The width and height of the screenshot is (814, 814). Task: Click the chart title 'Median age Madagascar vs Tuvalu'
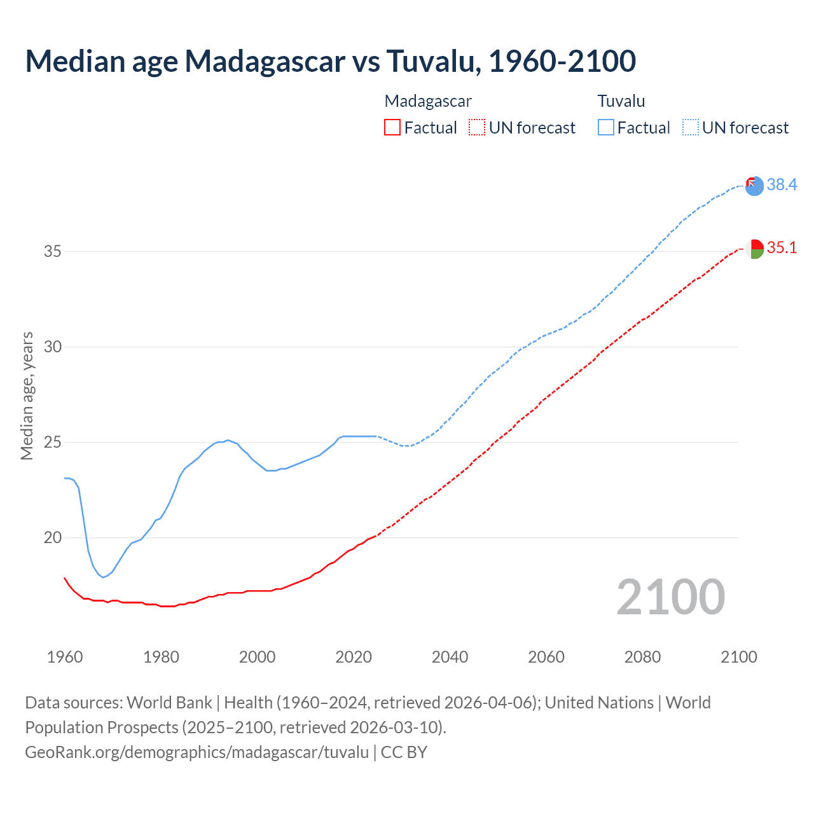click(x=330, y=61)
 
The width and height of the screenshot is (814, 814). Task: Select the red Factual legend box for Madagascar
click(x=392, y=127)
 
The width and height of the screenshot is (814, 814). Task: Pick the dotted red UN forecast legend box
click(x=477, y=127)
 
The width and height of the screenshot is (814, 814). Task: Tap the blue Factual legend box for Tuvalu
click(x=606, y=127)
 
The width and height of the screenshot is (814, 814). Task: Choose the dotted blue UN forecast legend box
click(x=691, y=127)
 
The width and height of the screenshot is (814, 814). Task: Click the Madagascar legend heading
click(x=428, y=101)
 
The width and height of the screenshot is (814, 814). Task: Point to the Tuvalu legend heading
click(x=621, y=101)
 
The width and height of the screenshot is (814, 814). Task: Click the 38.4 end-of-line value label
click(x=782, y=184)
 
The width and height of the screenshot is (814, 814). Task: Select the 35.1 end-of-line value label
click(x=782, y=247)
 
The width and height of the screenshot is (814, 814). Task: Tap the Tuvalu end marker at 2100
click(x=754, y=186)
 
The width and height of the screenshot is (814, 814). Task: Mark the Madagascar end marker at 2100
click(x=754, y=249)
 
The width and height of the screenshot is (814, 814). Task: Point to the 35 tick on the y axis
click(x=53, y=251)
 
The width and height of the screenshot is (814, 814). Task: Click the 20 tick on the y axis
click(x=53, y=537)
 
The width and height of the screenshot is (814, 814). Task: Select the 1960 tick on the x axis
click(x=65, y=657)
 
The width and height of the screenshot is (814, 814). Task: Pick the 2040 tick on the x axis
click(x=450, y=657)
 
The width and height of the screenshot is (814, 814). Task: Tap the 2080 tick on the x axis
click(x=642, y=657)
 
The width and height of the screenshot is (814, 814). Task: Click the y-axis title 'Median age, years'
click(x=27, y=396)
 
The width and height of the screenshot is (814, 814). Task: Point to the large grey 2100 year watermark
click(x=670, y=597)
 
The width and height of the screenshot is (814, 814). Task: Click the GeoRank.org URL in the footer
click(x=197, y=752)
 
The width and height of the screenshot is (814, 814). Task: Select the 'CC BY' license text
click(x=404, y=752)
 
